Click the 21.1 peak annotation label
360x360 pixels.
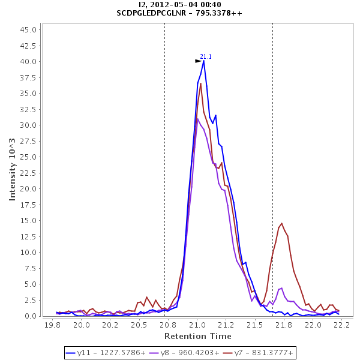(x=206, y=56)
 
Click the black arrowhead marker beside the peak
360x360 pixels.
(x=199, y=61)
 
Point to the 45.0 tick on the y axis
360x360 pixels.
(x=31, y=30)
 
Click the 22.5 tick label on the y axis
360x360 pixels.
(x=31, y=173)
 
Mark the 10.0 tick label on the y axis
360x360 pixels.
(x=31, y=253)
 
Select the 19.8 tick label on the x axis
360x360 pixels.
(x=52, y=325)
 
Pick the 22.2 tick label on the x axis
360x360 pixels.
(x=342, y=325)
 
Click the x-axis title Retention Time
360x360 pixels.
(x=197, y=336)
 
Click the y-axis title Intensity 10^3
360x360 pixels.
(x=12, y=172)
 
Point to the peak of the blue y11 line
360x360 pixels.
(x=204, y=61)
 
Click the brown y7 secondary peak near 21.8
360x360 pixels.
(x=281, y=224)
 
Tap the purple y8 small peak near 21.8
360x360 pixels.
(x=281, y=288)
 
